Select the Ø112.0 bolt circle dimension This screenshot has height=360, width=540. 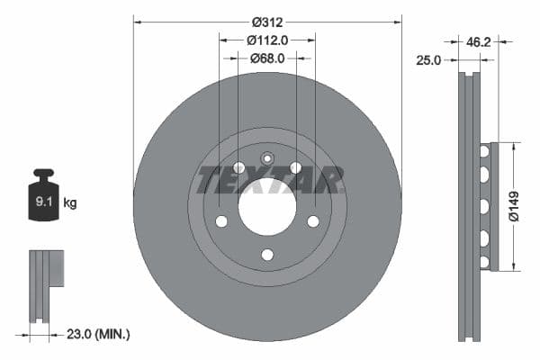click(267, 40)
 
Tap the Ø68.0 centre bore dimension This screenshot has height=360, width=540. click(267, 58)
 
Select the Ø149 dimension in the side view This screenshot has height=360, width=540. click(514, 206)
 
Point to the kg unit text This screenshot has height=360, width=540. click(70, 203)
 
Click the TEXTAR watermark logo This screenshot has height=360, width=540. click(267, 180)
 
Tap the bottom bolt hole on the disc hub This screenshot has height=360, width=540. click(267, 255)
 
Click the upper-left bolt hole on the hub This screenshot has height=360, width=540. click(238, 167)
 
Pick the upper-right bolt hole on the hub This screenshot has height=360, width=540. click(295, 167)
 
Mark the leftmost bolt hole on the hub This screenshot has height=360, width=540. click(221, 221)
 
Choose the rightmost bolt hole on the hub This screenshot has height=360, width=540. click(313, 221)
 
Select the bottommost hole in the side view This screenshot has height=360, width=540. click(483, 262)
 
